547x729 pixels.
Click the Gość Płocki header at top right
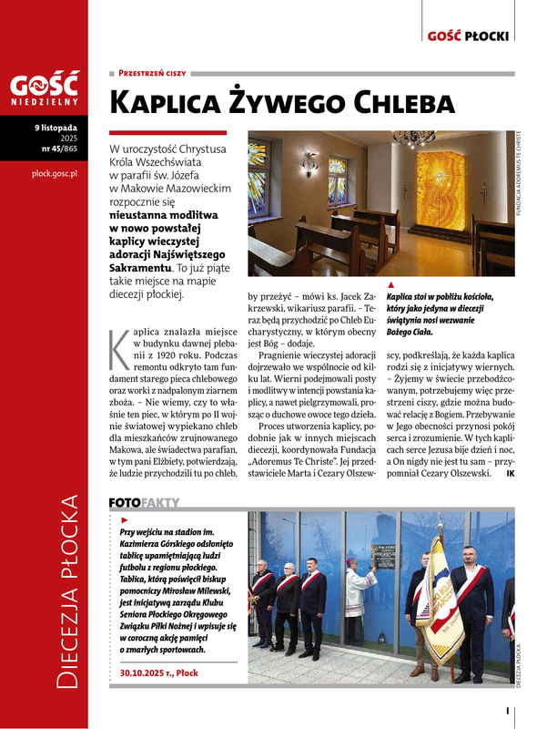coord(470,36)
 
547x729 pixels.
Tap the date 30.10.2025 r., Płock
coord(159,673)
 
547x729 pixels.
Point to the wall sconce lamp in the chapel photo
coord(309,165)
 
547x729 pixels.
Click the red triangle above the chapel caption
coord(390,285)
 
